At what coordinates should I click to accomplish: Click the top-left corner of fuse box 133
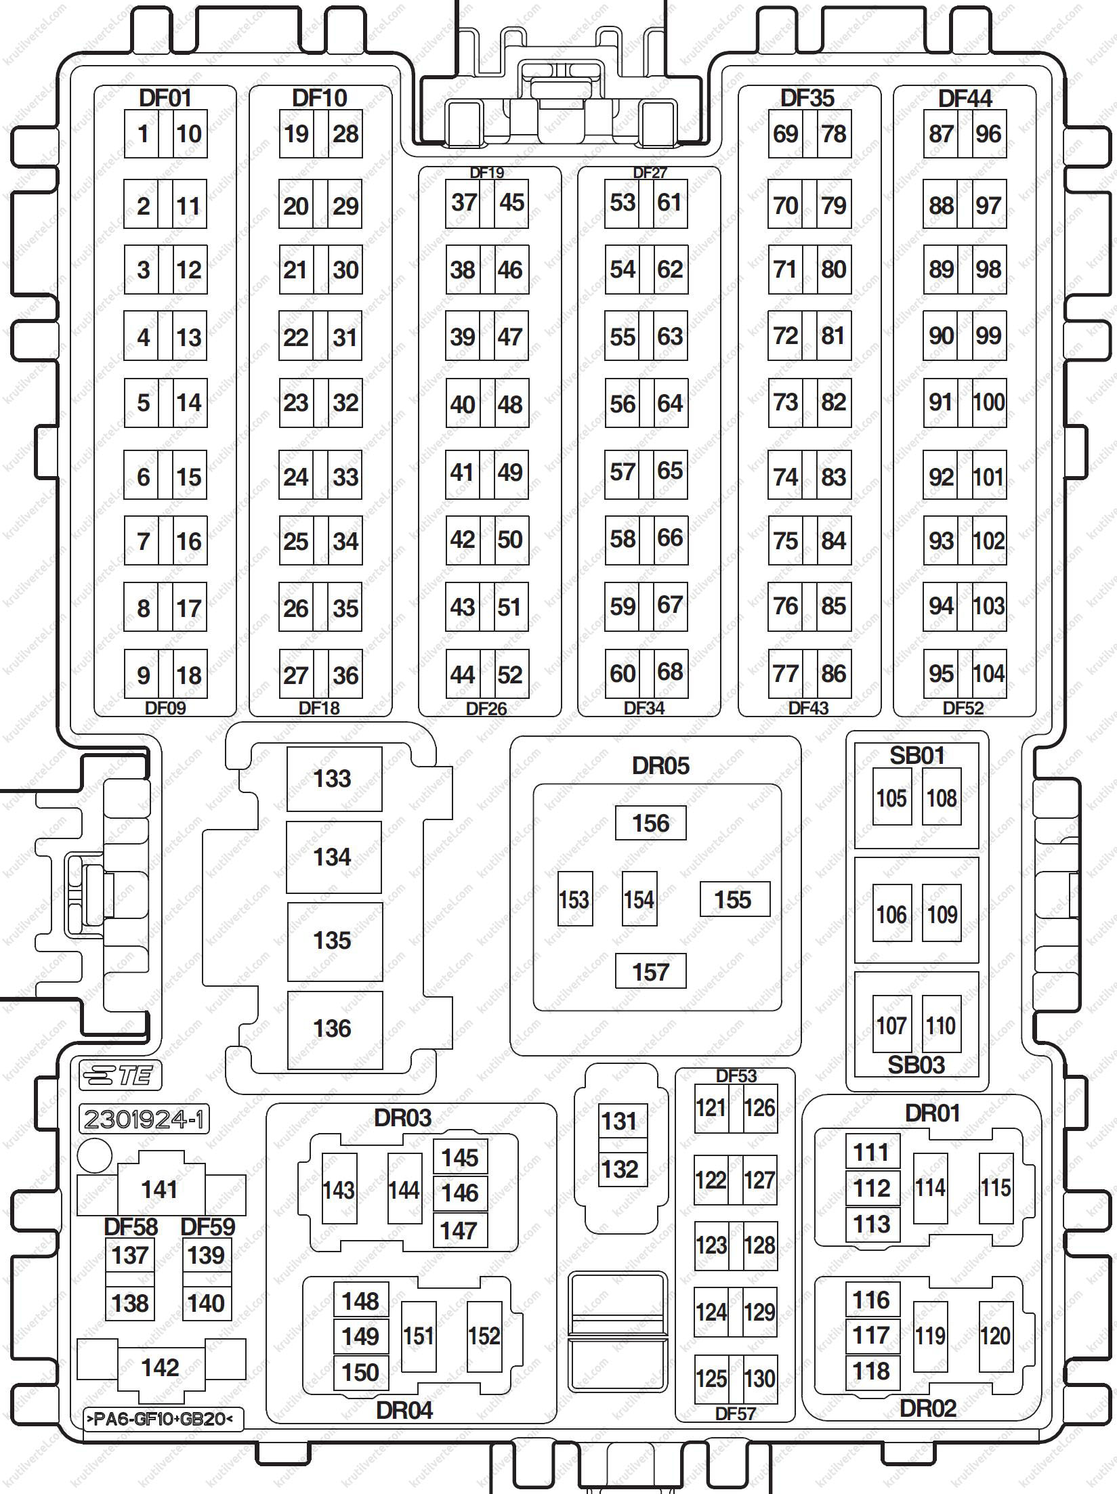[x=287, y=747]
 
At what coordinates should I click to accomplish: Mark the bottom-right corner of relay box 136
[x=383, y=1069]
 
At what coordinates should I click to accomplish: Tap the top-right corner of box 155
[x=770, y=882]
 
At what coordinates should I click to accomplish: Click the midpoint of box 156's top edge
[x=650, y=806]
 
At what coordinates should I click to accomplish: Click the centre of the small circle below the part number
[x=95, y=1155]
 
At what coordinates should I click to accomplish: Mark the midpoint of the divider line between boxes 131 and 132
[x=623, y=1145]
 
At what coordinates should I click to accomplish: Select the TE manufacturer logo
[x=120, y=1076]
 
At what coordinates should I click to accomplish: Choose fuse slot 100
[x=989, y=403]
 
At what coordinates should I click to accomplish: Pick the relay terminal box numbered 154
[x=639, y=899]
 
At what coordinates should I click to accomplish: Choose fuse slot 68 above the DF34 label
[x=671, y=673]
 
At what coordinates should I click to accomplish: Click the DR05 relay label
[x=660, y=766]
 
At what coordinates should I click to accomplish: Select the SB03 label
[x=916, y=1065]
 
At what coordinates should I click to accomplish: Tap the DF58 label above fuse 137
[x=131, y=1227]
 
